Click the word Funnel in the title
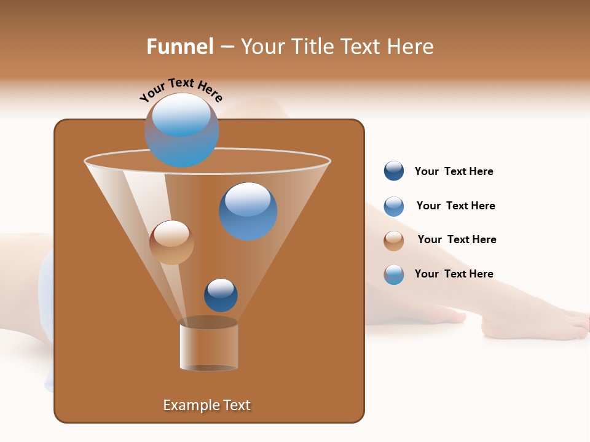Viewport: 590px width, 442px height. coord(179,47)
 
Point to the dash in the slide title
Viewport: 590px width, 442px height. coord(227,47)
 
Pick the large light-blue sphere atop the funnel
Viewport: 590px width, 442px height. coord(181,130)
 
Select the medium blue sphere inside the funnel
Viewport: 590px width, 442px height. coord(248,211)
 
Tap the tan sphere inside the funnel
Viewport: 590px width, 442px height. coord(171,242)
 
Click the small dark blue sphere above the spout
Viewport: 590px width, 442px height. coord(221,295)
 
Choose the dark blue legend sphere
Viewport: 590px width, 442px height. coord(393,171)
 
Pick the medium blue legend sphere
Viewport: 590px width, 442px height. coord(393,206)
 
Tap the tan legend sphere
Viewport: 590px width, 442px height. coord(393,240)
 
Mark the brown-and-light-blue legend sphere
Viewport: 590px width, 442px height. coord(393,274)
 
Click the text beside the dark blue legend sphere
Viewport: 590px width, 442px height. coord(454,171)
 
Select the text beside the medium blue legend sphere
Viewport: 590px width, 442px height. coord(455,206)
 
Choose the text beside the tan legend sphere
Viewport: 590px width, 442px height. coord(457,239)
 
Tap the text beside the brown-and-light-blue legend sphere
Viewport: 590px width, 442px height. coord(454,274)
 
